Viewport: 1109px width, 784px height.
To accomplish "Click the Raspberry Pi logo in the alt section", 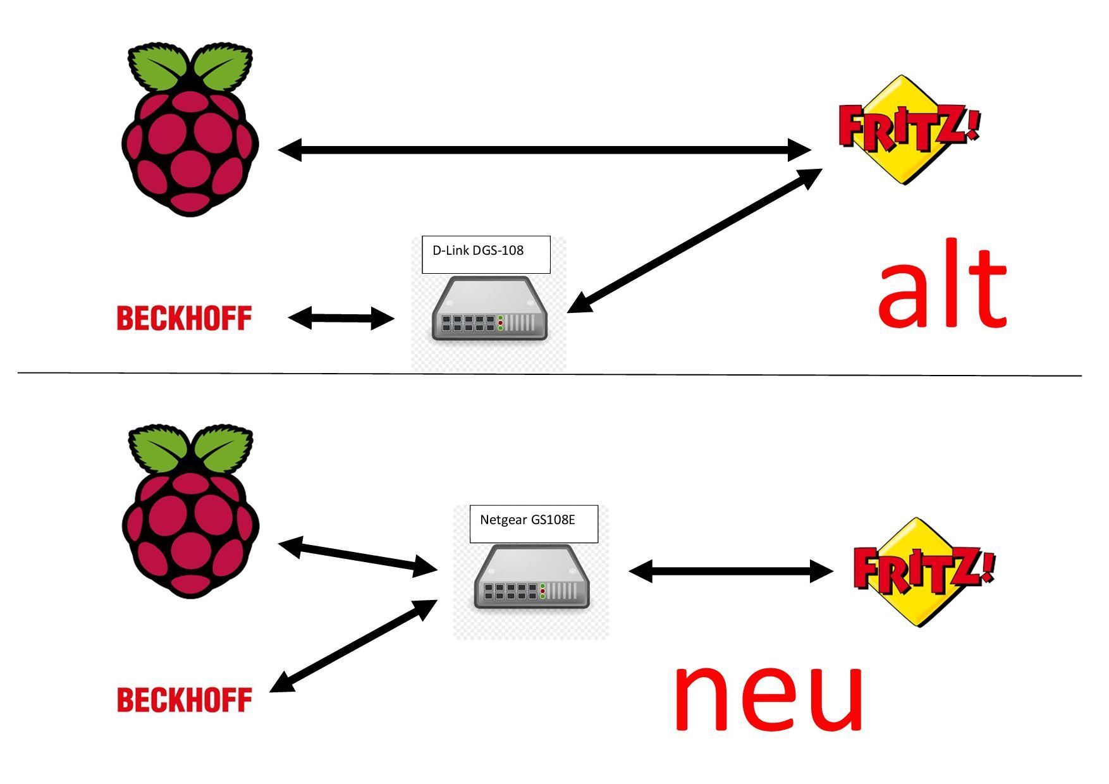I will (x=190, y=133).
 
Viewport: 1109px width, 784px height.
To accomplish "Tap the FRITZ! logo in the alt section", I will (x=908, y=130).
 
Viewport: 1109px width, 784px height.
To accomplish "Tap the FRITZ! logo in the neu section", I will (x=923, y=572).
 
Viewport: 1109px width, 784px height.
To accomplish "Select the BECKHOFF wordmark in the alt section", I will (x=184, y=318).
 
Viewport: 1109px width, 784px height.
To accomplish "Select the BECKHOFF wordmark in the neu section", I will (x=184, y=700).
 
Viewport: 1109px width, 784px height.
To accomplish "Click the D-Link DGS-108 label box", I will (x=486, y=254).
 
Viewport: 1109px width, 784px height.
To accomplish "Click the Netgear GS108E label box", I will (x=534, y=524).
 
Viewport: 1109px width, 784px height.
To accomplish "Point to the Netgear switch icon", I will (x=531, y=577).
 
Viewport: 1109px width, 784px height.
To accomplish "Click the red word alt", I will (x=941, y=288).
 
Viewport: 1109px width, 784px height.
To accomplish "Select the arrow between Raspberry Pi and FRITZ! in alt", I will (x=544, y=150).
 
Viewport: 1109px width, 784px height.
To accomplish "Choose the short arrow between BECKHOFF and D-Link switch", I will (x=341, y=318).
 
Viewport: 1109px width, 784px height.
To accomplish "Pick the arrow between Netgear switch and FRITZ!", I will (x=731, y=572).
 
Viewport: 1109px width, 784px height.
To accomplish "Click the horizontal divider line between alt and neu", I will (x=550, y=374).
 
